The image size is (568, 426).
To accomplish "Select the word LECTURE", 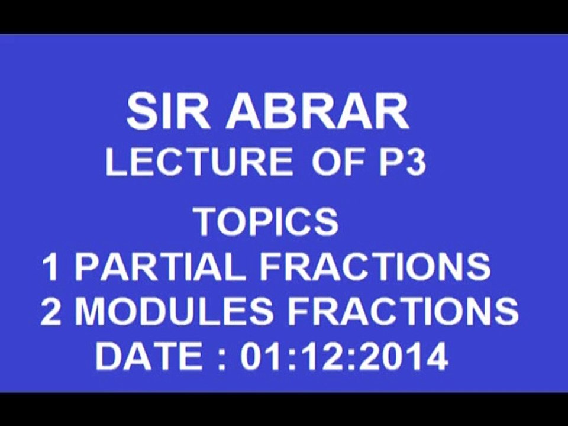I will [199, 162].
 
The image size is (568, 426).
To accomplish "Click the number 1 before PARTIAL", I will [52, 267].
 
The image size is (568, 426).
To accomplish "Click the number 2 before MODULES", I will [52, 312].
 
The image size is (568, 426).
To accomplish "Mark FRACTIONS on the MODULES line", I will [402, 312].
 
